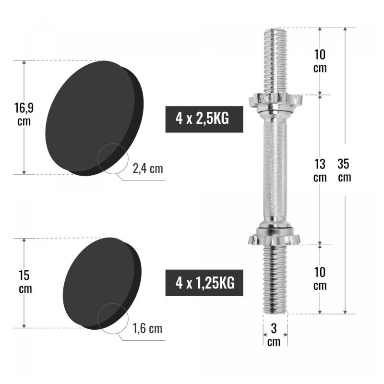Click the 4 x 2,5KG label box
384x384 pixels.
click(x=204, y=119)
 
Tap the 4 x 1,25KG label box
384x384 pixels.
click(x=204, y=283)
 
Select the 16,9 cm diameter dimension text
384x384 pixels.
click(x=24, y=115)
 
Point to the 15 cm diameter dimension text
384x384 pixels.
click(x=25, y=282)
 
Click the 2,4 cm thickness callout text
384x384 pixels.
click(x=148, y=169)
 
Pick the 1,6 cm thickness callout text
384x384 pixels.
click(x=147, y=328)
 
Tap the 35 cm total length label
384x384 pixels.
click(x=344, y=170)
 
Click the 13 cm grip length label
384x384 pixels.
click(x=320, y=170)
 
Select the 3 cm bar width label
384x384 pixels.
click(x=274, y=335)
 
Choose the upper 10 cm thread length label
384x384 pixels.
click(x=320, y=61)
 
